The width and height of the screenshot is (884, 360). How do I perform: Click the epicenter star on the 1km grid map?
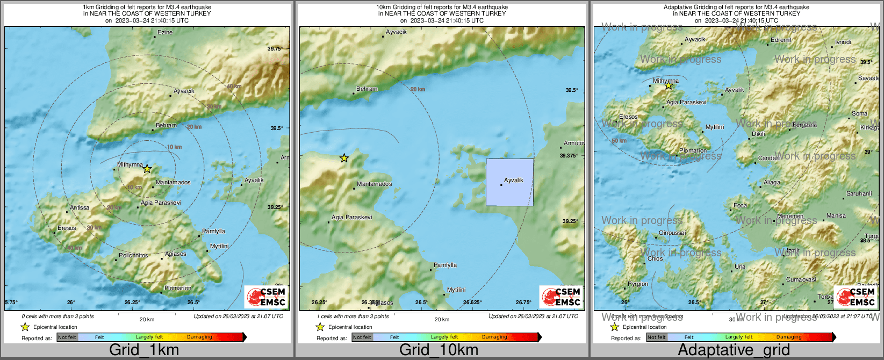point(147,169)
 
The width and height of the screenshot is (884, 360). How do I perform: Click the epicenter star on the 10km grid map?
point(344,158)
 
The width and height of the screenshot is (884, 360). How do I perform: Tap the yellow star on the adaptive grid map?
point(669,85)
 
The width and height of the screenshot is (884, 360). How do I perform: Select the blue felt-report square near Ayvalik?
point(509,182)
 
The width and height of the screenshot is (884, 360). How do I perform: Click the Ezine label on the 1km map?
point(165,33)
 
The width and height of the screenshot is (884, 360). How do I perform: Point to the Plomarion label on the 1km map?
point(178,288)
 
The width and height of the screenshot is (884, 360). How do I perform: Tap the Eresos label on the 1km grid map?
point(67,228)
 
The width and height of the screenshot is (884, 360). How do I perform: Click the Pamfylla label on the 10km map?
point(445,265)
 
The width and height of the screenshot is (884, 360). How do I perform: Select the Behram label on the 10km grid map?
point(367,89)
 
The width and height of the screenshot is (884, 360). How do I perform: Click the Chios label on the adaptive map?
point(655,258)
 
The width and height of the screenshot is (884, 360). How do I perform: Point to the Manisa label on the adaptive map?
point(836,215)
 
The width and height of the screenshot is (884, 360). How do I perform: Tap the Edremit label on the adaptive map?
point(781,40)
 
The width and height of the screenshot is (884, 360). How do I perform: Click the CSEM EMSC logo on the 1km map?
point(266,297)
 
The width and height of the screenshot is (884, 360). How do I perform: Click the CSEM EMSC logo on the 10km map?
point(560,297)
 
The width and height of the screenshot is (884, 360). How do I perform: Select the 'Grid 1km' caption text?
point(144,350)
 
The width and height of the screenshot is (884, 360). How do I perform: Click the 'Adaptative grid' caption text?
point(734,350)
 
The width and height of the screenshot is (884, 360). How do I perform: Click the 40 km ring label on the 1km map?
point(234,86)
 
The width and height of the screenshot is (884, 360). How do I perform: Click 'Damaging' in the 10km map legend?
point(494,337)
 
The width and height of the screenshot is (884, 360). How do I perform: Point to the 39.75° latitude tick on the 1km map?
point(275,48)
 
